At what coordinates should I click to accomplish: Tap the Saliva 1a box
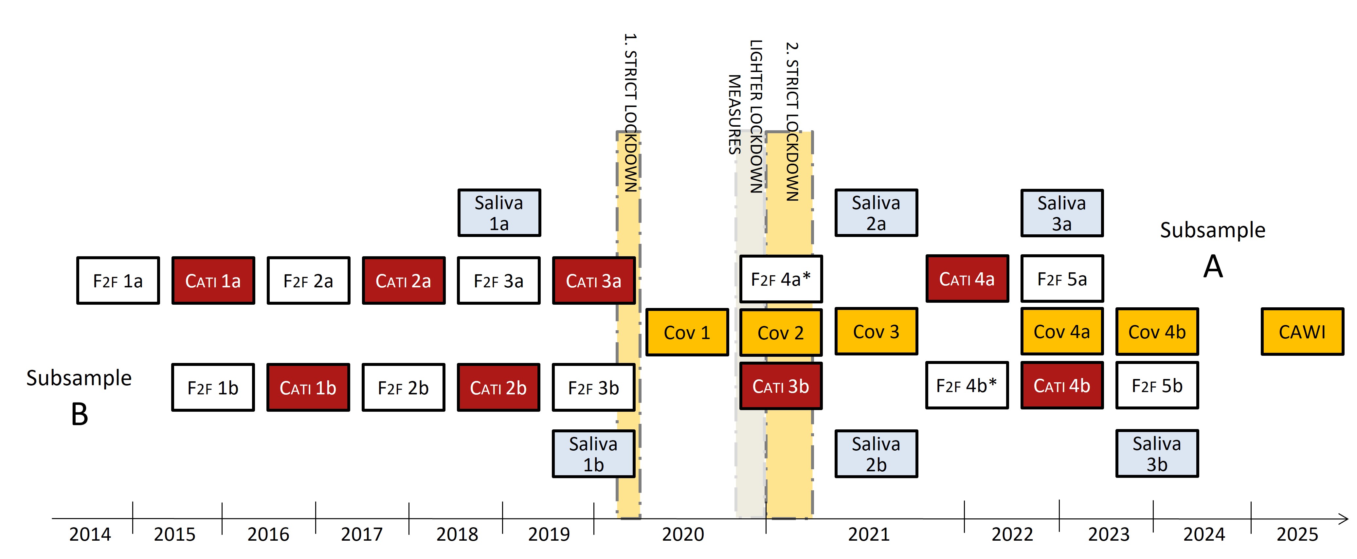coord(499,213)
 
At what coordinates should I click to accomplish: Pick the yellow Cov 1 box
coord(687,333)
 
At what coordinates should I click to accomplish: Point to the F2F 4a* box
coord(781,279)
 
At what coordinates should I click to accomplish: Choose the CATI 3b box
coord(781,386)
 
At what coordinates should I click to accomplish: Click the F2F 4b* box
coord(967,385)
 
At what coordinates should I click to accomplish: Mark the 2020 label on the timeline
coord(683,534)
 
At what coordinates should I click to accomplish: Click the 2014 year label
coord(90,534)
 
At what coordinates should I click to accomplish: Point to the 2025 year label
coord(1297,534)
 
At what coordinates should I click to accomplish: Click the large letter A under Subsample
coord(1213,267)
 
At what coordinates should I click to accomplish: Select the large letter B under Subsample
coord(80,415)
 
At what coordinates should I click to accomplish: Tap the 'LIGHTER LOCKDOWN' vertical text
coord(756,116)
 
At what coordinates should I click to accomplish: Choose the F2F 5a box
coord(1062,279)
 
